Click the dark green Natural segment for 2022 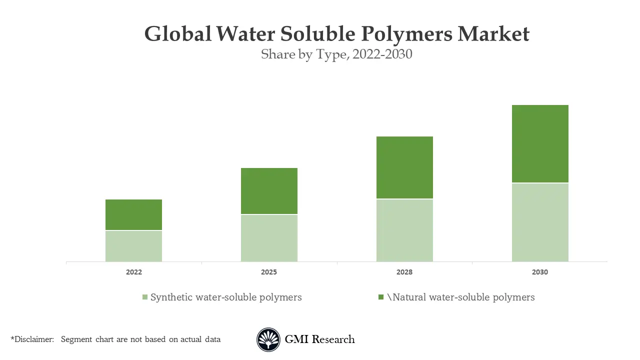(133, 214)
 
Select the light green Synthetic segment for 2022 (133, 246)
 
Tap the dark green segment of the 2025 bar (269, 191)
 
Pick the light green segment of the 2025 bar (269, 238)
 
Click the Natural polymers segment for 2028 (404, 167)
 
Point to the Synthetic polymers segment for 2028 (404, 230)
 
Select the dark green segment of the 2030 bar (540, 144)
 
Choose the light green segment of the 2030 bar (540, 222)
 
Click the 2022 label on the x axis (133, 272)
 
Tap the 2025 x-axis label (269, 272)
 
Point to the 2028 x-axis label (404, 272)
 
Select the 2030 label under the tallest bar (540, 272)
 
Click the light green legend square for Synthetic (145, 297)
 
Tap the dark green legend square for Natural (381, 297)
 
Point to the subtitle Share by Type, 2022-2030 (336, 54)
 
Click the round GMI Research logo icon (268, 340)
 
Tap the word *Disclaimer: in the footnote (32, 339)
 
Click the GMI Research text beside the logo (319, 339)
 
